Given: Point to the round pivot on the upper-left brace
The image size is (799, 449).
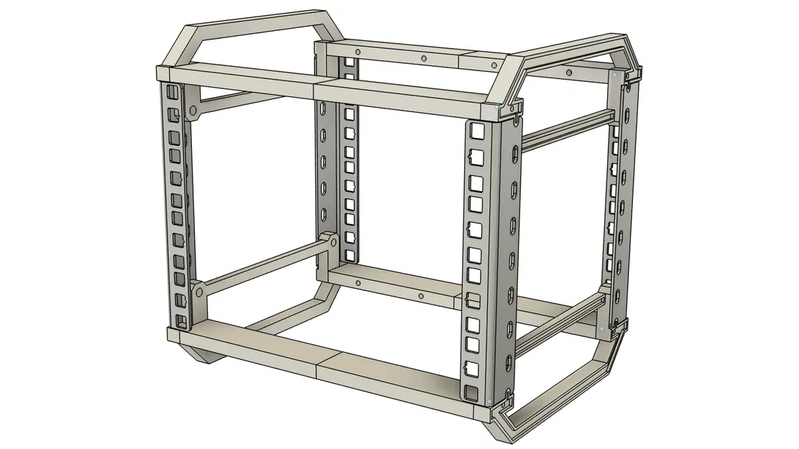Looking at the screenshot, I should coord(192,112).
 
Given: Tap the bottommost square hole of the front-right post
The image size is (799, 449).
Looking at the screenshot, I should coord(471,392).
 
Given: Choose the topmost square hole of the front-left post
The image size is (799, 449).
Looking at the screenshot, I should coord(172,93).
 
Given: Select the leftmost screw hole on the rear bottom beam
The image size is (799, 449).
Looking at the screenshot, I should coord(356,282).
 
